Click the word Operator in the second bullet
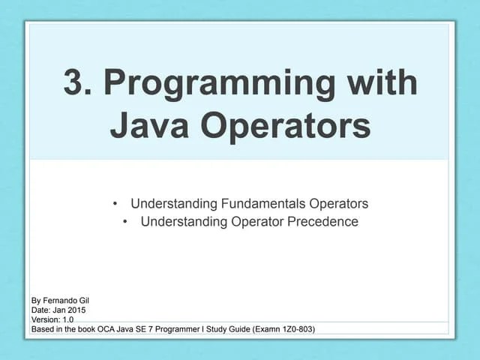click(x=252, y=221)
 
